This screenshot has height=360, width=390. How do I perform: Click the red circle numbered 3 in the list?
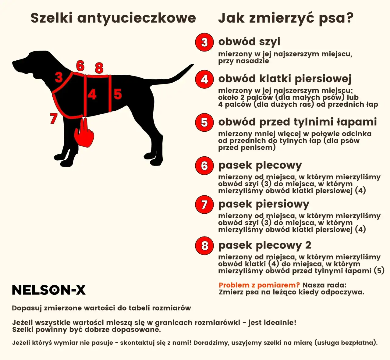click(x=204, y=42)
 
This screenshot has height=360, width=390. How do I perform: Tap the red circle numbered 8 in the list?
click(x=204, y=245)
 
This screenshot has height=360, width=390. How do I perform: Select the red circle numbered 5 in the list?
click(x=204, y=123)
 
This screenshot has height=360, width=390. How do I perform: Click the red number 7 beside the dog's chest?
click(x=54, y=118)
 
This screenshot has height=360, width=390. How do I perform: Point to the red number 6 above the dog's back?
click(x=80, y=66)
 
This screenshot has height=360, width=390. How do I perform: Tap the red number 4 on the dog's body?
click(x=92, y=94)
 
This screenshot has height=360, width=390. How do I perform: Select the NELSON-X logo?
click(x=49, y=290)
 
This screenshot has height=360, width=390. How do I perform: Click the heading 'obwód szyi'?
click(x=249, y=41)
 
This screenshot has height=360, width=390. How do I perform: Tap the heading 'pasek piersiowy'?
click(x=264, y=204)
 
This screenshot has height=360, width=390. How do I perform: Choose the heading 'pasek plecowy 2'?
click(x=265, y=245)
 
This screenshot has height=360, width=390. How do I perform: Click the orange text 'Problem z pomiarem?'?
click(x=259, y=285)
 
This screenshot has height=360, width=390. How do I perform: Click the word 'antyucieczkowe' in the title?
click(x=136, y=18)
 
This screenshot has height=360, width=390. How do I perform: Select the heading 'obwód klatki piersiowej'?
click(x=285, y=79)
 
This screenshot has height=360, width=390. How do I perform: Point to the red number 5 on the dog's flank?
click(x=118, y=94)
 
